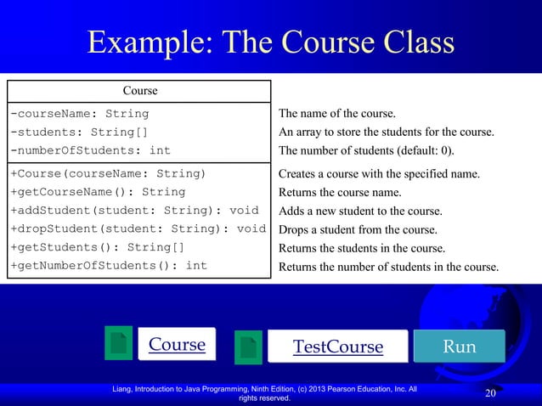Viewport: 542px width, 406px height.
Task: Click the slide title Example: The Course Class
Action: (271, 44)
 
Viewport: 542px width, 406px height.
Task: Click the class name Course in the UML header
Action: (140, 91)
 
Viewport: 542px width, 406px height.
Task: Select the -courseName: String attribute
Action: (80, 113)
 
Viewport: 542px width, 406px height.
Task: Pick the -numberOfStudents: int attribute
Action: (91, 150)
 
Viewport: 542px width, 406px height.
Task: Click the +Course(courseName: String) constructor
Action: (108, 174)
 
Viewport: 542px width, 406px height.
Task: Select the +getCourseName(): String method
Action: (98, 192)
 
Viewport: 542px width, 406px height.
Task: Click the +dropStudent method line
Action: (138, 229)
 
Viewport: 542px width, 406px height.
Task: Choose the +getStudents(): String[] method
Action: (98, 248)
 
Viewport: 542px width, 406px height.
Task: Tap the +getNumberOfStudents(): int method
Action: (108, 267)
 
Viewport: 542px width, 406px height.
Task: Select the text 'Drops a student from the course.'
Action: (359, 229)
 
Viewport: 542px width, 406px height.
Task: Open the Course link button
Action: (177, 345)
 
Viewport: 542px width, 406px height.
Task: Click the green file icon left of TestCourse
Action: (248, 347)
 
